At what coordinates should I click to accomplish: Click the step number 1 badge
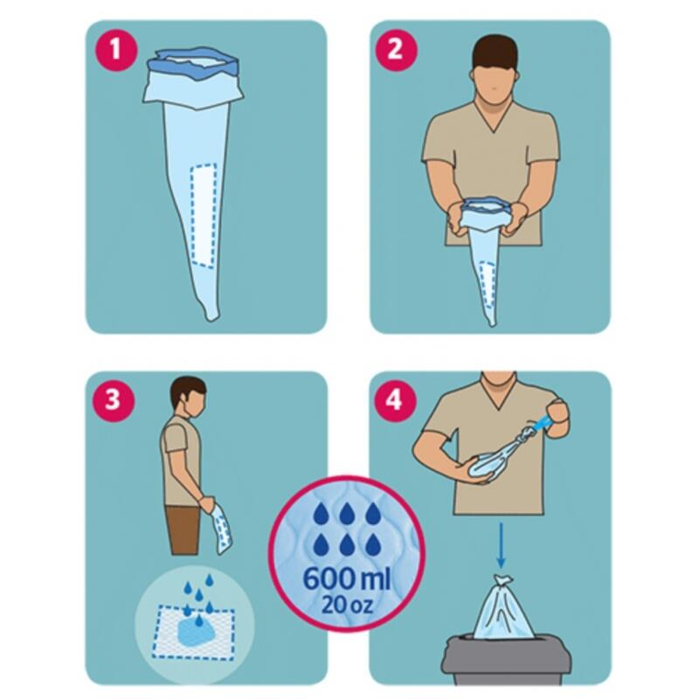click(115, 49)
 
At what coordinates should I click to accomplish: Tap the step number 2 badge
click(396, 49)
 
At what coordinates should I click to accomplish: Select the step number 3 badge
click(113, 399)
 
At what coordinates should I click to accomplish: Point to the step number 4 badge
click(394, 399)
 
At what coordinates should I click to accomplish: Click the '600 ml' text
click(347, 579)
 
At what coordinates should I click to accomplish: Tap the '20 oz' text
click(346, 604)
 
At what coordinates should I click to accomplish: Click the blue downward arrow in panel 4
click(501, 545)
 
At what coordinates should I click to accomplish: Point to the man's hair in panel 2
click(495, 52)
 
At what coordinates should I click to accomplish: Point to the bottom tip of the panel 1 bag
click(212, 320)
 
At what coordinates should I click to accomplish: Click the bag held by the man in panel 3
click(223, 530)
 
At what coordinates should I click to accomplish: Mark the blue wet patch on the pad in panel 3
click(198, 629)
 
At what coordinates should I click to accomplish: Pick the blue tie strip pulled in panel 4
click(541, 424)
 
